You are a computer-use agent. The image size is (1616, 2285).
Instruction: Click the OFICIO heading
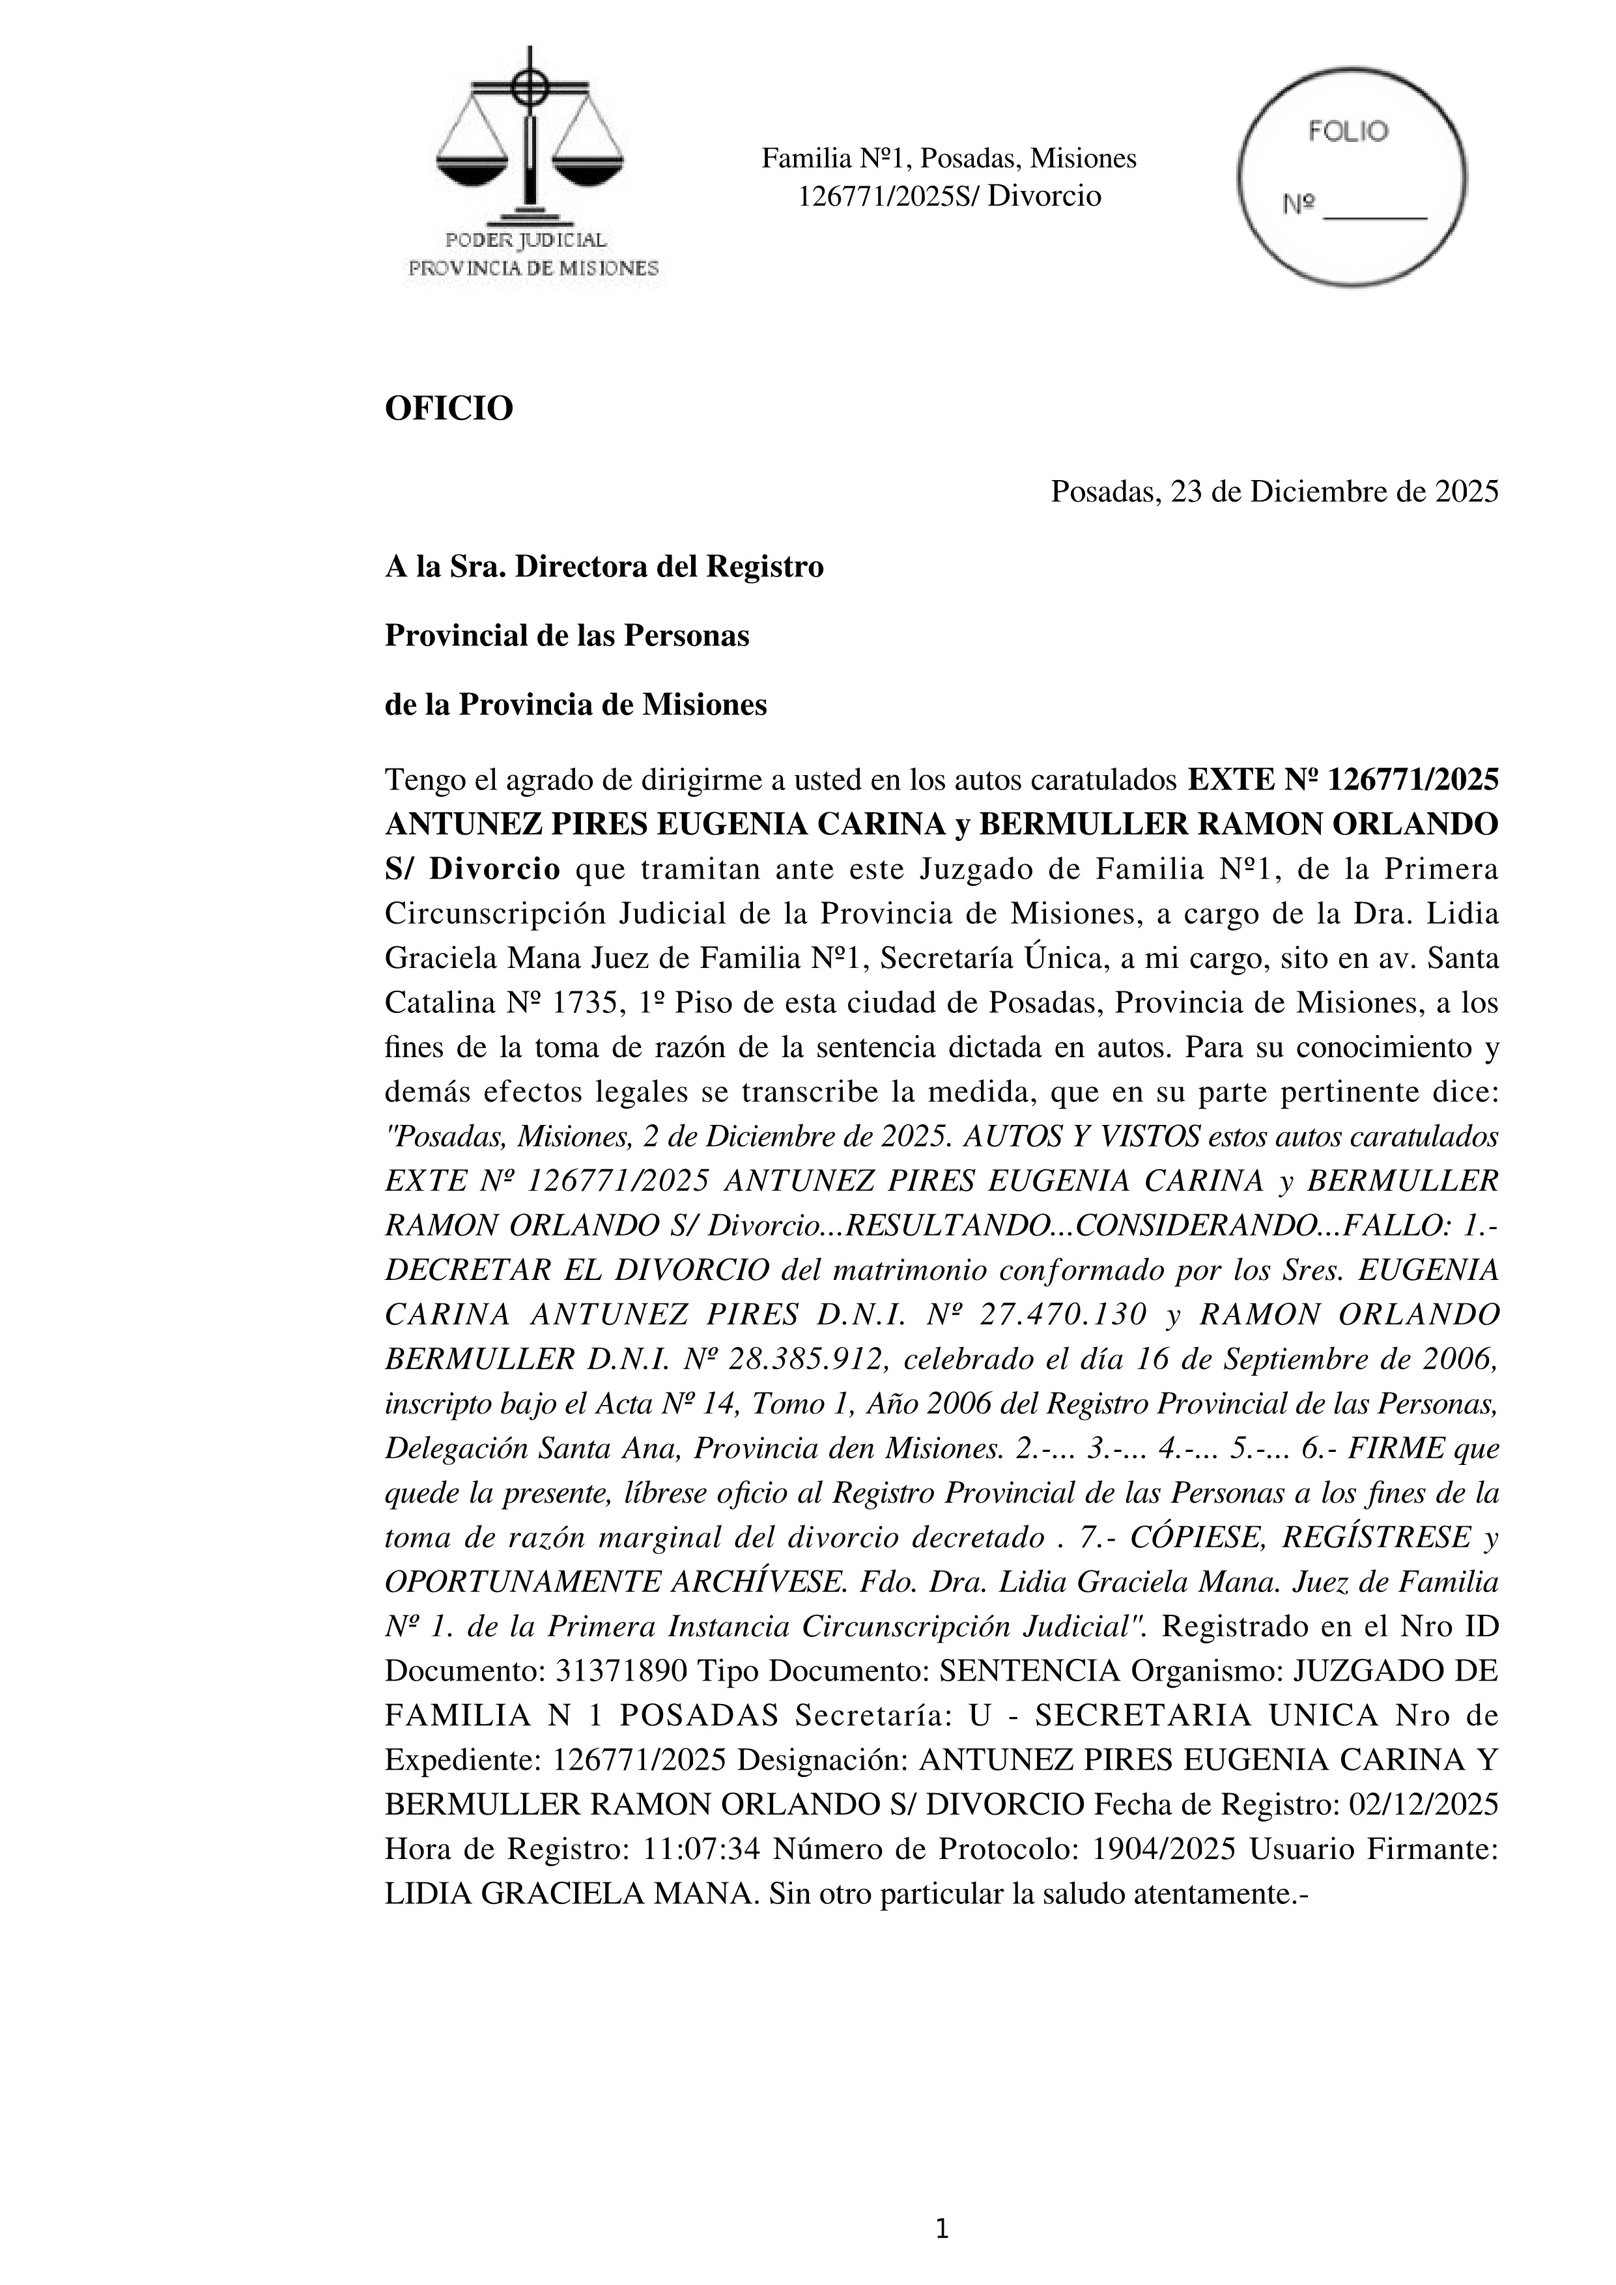[449, 408]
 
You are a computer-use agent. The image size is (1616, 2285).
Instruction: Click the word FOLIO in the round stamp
[1348, 132]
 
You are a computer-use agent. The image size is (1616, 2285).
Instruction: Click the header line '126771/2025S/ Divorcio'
[949, 196]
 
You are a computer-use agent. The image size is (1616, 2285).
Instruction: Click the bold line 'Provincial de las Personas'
[566, 635]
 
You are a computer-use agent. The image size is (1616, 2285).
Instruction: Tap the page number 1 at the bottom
[941, 2229]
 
